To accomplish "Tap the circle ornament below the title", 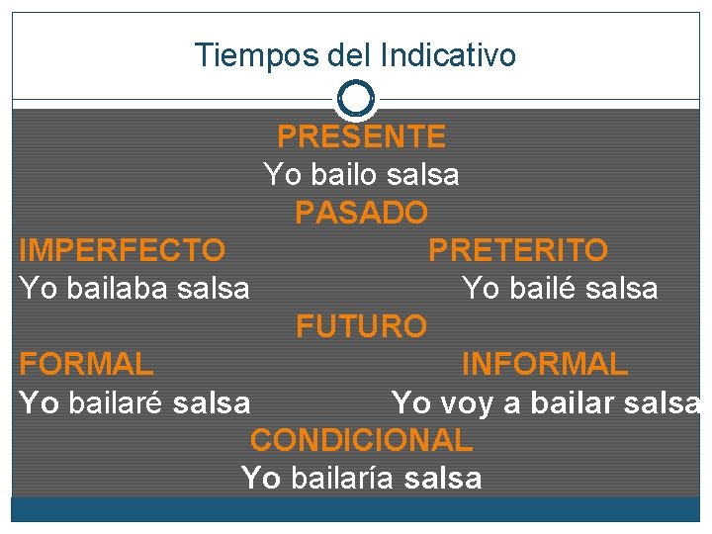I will click(x=355, y=99).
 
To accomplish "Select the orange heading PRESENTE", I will click(x=361, y=135).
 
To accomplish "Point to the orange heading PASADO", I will click(x=361, y=212).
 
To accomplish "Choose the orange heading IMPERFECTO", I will click(x=122, y=249).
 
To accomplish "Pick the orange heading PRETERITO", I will click(x=517, y=249).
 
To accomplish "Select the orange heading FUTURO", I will click(x=361, y=325).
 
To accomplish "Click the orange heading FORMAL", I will click(x=86, y=364).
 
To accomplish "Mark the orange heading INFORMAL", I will click(x=544, y=364).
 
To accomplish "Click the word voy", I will click(x=472, y=402).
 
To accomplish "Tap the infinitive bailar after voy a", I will click(x=572, y=402).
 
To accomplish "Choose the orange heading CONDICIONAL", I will click(x=361, y=439).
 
